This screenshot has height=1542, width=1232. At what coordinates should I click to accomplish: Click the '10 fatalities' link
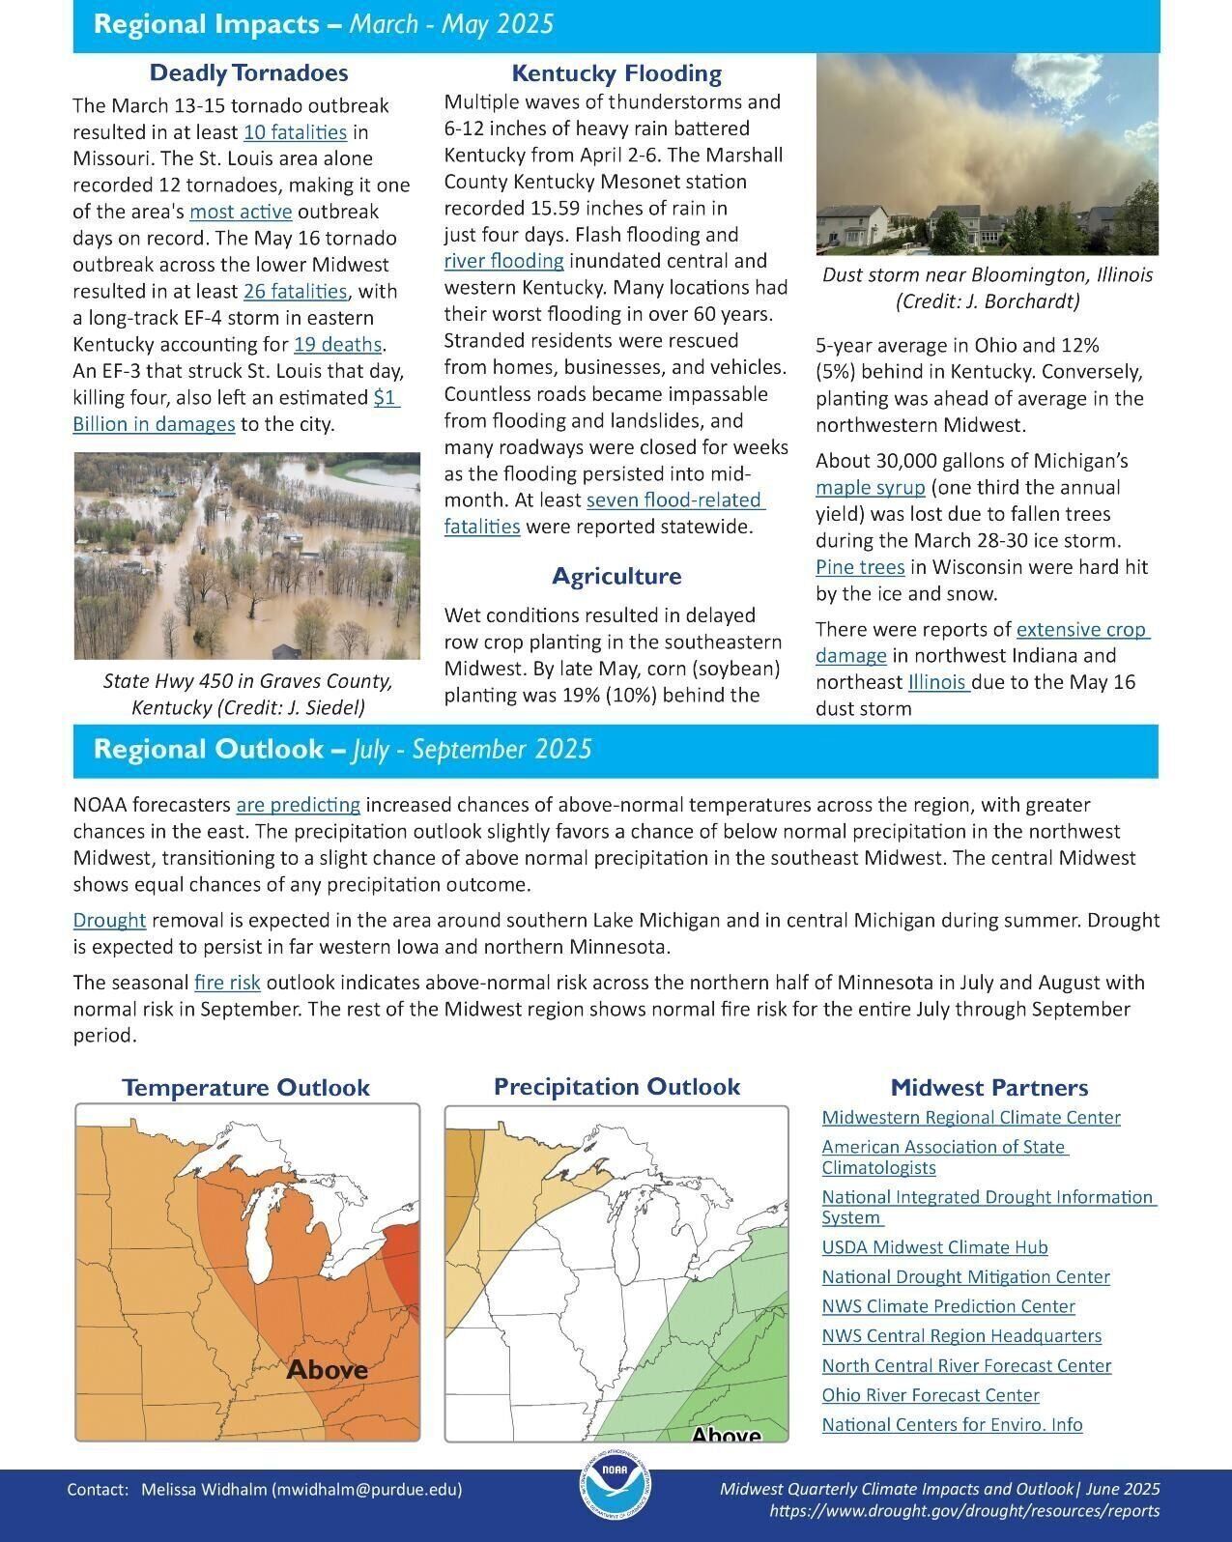coord(295,132)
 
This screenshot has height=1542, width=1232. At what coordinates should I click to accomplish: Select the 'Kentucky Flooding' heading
coord(616,73)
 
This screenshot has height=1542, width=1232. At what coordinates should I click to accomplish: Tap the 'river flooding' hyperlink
coord(503,261)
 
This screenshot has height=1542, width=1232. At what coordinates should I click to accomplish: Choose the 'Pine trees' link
coord(860,567)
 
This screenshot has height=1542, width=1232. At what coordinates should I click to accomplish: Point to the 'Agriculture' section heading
coord(616,576)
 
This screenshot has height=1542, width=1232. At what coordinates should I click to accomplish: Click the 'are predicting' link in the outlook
coord(298,805)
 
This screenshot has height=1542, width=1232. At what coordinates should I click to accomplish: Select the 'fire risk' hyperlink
coord(227,983)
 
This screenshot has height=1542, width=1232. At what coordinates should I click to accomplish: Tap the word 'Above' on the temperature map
coord(327,1370)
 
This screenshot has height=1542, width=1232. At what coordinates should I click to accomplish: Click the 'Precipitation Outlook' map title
coord(616,1087)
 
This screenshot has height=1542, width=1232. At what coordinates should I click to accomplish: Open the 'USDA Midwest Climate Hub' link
coord(934,1247)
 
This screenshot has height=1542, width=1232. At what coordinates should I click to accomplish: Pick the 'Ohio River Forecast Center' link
coord(930,1395)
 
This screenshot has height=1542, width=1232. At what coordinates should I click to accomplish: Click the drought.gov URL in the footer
coord(963,1511)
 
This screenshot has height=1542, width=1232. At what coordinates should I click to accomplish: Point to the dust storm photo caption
coord(987,288)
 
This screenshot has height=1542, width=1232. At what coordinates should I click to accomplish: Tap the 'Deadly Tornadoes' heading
coord(248,73)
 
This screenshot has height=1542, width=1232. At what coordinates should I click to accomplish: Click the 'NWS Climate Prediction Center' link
coord(948,1306)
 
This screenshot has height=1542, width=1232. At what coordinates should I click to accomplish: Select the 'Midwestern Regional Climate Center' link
coord(970,1118)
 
